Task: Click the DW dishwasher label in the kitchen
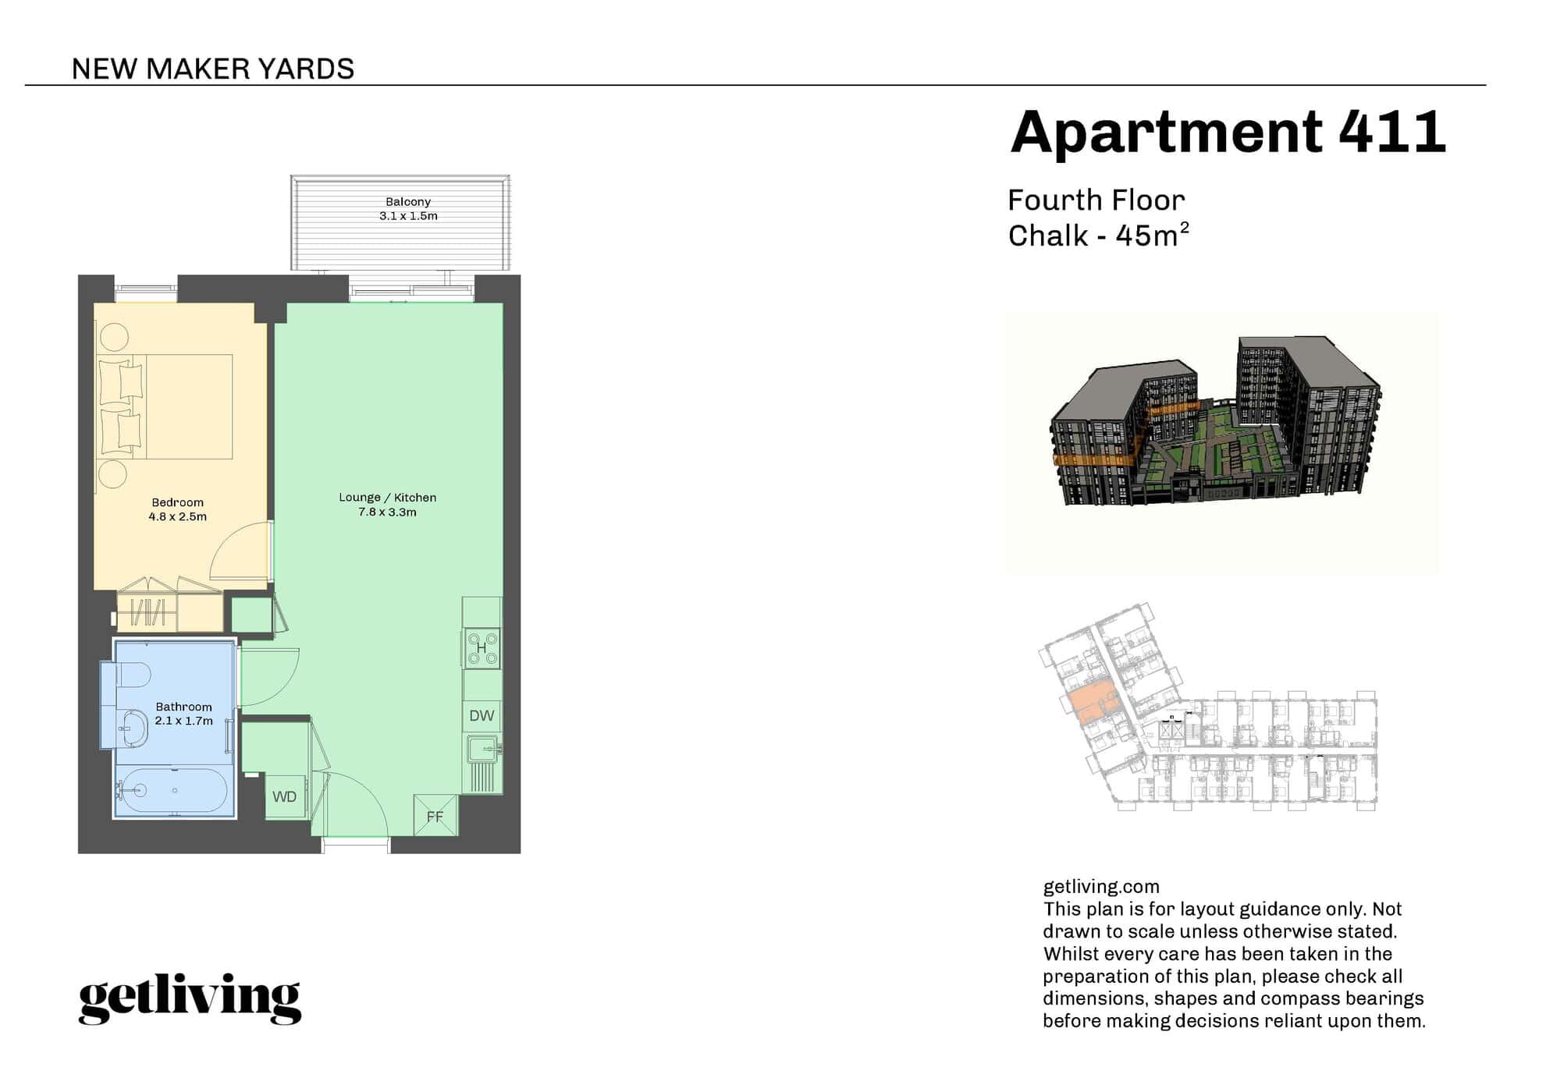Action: [482, 715]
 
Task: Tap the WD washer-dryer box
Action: [285, 796]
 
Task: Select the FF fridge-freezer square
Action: [435, 816]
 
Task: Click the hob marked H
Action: [482, 648]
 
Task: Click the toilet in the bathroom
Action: [133, 675]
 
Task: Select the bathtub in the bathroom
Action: [172, 791]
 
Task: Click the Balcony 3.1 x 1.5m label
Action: [408, 209]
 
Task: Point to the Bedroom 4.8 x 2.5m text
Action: [178, 509]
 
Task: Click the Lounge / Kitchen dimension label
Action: [388, 505]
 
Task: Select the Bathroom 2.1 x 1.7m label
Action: [183, 714]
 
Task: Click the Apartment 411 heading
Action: [1228, 132]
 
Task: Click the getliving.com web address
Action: [1101, 887]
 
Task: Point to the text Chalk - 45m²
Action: [1098, 236]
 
